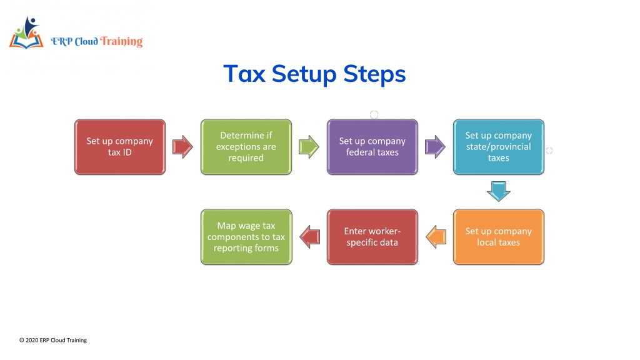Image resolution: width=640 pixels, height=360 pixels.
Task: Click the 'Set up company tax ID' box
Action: coord(120,147)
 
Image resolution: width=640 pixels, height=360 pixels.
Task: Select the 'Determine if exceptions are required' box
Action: coord(246,147)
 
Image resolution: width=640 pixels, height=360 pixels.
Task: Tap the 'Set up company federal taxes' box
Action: coord(372,147)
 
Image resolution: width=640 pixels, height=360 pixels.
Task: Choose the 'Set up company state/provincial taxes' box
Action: coord(498,147)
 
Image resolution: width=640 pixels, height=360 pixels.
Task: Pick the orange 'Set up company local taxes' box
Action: coord(498,237)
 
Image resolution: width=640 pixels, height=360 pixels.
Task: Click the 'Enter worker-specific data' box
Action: coord(372,237)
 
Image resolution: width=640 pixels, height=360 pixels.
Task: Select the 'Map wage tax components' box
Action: coord(246,237)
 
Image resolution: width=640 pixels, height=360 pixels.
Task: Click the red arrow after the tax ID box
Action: coord(182,147)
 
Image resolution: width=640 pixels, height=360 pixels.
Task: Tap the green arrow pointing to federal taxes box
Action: coord(309,147)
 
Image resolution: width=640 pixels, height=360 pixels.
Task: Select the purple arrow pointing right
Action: coord(435,147)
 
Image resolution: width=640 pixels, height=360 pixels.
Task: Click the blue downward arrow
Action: coord(498,191)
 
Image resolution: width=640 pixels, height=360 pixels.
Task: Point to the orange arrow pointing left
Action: coord(436,237)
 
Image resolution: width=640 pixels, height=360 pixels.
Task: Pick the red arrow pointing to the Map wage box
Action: coord(310,237)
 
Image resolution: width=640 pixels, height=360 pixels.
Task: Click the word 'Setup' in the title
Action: coord(304,74)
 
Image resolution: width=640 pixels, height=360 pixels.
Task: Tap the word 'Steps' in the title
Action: coord(374,74)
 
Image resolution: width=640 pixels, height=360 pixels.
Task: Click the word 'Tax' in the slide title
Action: coord(244,74)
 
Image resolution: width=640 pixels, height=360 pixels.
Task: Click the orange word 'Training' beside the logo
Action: coord(121,42)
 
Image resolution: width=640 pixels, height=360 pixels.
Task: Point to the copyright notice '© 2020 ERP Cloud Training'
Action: coord(53,340)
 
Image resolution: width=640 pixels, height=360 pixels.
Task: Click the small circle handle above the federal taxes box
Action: coord(374,115)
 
